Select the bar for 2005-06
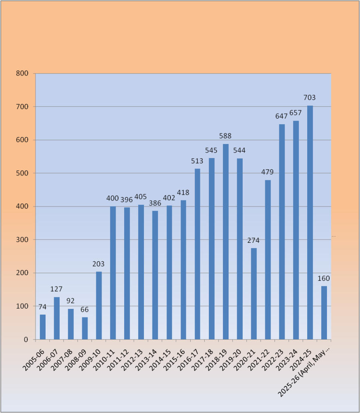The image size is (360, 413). pyautogui.click(x=43, y=327)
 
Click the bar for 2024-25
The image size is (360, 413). pyautogui.click(x=310, y=222)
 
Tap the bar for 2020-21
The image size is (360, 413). pyautogui.click(x=254, y=294)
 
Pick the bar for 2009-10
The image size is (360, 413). pyautogui.click(x=99, y=305)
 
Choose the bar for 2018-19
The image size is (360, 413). pyautogui.click(x=226, y=242)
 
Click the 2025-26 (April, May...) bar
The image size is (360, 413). pyautogui.click(x=324, y=313)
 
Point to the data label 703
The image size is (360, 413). pyautogui.click(x=310, y=98)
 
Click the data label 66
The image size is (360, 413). pyautogui.click(x=85, y=310)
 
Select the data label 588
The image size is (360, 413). pyautogui.click(x=225, y=136)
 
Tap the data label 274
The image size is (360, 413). pyautogui.click(x=253, y=240)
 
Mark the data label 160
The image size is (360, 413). pyautogui.click(x=324, y=279)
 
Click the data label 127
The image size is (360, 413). pyautogui.click(x=56, y=289)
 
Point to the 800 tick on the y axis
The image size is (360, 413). pyautogui.click(x=23, y=74)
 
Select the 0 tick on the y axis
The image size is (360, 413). pyautogui.click(x=26, y=340)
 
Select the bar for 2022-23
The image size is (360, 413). pyautogui.click(x=282, y=232)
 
